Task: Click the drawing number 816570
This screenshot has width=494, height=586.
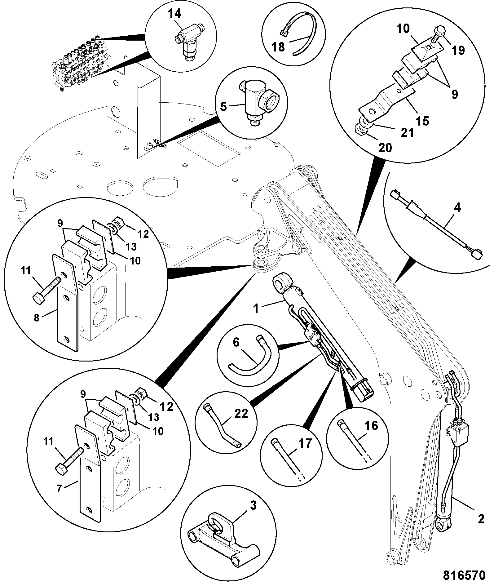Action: coord(465,575)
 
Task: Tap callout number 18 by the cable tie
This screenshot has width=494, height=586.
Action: coord(278,47)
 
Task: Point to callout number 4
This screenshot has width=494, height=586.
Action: coord(457,208)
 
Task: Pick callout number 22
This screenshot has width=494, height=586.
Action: coord(241,414)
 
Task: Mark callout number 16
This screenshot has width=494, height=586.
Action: coord(372,426)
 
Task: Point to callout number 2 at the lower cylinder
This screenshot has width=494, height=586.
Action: coord(481,519)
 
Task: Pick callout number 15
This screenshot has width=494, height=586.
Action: coord(422,121)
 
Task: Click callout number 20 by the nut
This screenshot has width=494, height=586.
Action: coord(385,148)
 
